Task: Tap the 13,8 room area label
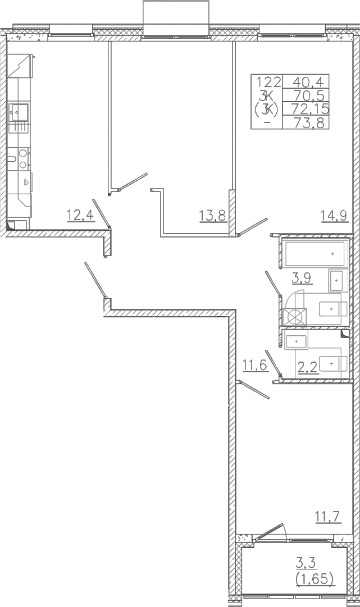pos(212,214)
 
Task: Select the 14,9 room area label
pos(335,214)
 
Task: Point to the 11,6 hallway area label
pos(255,364)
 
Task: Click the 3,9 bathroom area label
pos(303,277)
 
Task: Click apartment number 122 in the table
pos(267,81)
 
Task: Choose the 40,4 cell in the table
pos(306,81)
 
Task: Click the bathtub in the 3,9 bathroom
pos(315,253)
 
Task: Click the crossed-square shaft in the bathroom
pos(295,317)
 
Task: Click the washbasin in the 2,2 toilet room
pos(296,342)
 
